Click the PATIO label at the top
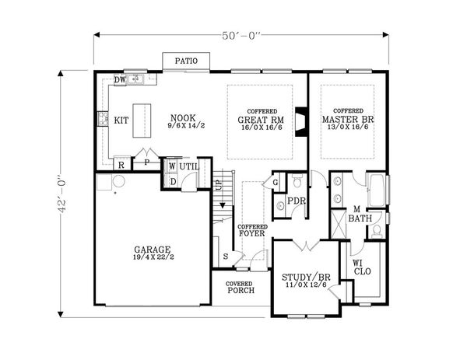(185, 61)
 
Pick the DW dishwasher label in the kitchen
(120, 79)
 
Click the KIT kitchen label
(121, 121)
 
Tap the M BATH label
(359, 214)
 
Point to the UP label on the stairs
(218, 185)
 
